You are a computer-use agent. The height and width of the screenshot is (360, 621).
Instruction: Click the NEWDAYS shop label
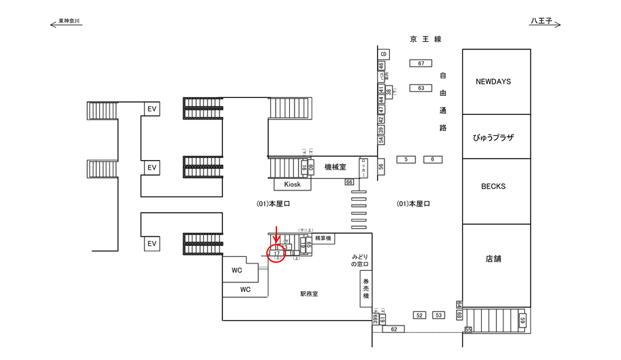pyautogui.click(x=493, y=81)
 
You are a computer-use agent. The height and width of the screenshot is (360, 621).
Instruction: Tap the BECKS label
pyautogui.click(x=493, y=186)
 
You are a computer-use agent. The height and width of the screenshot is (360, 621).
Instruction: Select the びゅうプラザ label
pyautogui.click(x=493, y=137)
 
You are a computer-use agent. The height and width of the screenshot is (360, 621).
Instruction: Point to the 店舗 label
pyautogui.click(x=493, y=259)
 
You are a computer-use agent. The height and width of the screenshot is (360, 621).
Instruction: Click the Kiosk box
pyautogui.click(x=292, y=184)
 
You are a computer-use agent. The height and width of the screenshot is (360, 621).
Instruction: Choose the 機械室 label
pyautogui.click(x=335, y=167)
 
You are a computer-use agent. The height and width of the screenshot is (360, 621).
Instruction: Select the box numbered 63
pyautogui.click(x=420, y=88)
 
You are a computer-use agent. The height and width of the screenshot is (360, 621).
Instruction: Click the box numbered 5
pyautogui.click(x=405, y=159)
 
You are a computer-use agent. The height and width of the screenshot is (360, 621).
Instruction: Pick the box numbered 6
pyautogui.click(x=432, y=159)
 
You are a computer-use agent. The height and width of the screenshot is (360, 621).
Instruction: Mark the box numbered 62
pyautogui.click(x=394, y=329)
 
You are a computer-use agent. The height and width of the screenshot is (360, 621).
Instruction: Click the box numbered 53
pyautogui.click(x=439, y=315)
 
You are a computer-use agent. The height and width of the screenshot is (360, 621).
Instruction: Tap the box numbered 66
pyautogui.click(x=349, y=182)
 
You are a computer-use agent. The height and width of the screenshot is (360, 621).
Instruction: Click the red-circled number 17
pyautogui.click(x=277, y=254)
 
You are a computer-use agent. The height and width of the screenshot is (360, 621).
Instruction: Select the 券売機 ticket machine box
pyautogui.click(x=366, y=287)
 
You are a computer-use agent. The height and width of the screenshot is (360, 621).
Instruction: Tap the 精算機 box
pyautogui.click(x=322, y=238)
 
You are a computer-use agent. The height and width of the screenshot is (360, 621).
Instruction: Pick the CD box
pyautogui.click(x=383, y=53)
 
